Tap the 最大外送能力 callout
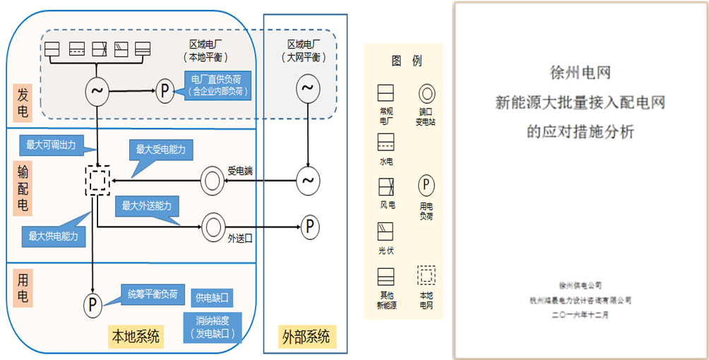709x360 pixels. point(146,205)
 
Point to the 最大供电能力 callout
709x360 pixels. point(53,236)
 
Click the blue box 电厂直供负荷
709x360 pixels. point(221,85)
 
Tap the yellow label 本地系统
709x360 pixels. point(136,336)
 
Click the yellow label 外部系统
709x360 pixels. point(305,336)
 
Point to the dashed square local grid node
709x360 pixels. point(97,181)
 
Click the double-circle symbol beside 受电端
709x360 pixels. point(211,181)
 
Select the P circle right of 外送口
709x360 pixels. point(310,227)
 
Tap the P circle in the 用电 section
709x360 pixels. point(93,305)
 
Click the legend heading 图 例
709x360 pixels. point(406,61)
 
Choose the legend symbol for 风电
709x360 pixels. point(386,186)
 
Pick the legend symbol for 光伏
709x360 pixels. point(386,231)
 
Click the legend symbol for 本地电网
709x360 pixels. point(426,275)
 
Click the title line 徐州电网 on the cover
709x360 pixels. point(580,73)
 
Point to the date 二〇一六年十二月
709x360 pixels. point(580,316)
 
